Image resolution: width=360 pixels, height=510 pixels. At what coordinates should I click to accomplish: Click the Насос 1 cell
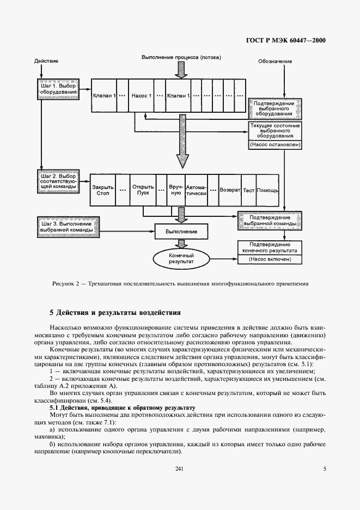coord(141,96)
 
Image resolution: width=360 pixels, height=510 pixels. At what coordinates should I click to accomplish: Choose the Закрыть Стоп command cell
coord(103,190)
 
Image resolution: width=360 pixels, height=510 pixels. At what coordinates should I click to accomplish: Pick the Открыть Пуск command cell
coord(143,190)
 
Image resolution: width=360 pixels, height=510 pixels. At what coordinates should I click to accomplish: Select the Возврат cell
coord(229,190)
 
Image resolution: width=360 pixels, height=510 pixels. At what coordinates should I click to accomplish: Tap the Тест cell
coord(249,190)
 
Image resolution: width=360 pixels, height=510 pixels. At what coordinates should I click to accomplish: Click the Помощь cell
coord(267,190)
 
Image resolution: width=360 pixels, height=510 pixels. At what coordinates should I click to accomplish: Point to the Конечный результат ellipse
coord(181,258)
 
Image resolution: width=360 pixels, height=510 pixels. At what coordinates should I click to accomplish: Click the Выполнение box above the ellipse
coord(181,232)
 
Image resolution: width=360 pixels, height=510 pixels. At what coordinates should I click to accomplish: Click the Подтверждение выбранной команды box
coord(270,221)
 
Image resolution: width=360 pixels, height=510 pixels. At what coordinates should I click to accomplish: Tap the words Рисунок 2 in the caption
coord(66,283)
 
